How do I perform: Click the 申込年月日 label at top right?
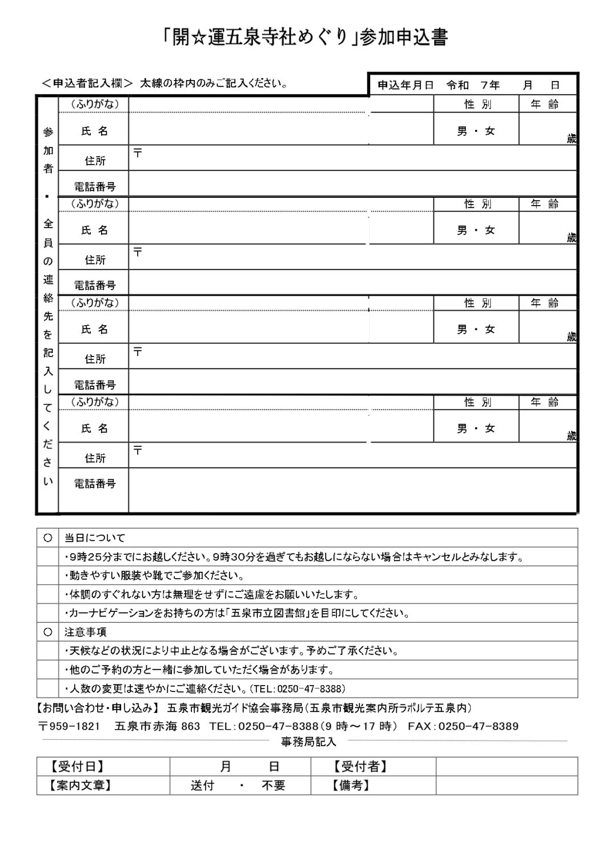tap(406, 86)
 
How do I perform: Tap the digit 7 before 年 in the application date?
tap(484, 86)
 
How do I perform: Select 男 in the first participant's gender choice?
tap(462, 131)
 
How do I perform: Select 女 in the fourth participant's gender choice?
tap(490, 429)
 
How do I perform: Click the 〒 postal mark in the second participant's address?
tap(138, 251)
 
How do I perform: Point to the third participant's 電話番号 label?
tap(95, 385)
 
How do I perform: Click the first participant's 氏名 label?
tap(95, 131)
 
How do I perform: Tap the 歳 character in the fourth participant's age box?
tap(571, 436)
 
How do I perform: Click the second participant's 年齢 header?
tap(544, 204)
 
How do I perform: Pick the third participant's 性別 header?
tap(477, 303)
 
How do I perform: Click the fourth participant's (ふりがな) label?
tap(95, 402)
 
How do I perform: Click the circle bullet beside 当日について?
tap(48, 538)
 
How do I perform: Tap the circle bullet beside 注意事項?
tap(48, 632)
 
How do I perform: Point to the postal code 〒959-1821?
tap(70, 727)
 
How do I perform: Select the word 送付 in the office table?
tap(202, 786)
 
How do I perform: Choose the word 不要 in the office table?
tap(274, 786)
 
